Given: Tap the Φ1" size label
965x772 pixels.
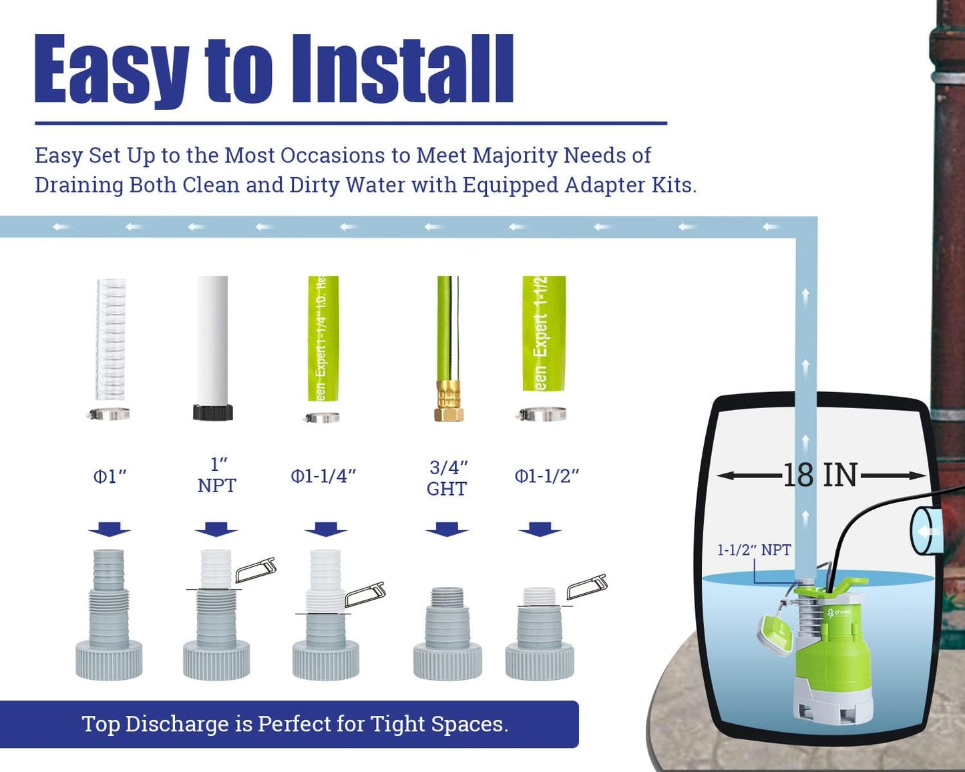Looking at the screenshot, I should (110, 477).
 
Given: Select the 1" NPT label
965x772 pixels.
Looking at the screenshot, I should (216, 475).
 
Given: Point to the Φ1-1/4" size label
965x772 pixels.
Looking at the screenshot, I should (323, 476).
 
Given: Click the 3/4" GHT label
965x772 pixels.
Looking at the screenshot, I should (447, 478).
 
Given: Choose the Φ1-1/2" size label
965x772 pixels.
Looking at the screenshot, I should (546, 476).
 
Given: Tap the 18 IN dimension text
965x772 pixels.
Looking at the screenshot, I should (820, 475).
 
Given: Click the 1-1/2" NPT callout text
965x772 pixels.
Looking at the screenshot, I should (754, 550).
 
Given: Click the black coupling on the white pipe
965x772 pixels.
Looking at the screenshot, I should (213, 412).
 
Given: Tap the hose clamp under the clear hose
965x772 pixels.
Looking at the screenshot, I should (109, 415).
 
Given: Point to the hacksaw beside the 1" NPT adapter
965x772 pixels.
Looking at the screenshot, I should (255, 570).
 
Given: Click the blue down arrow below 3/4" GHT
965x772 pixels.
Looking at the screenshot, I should (447, 530).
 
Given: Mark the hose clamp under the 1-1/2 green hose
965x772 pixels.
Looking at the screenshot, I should (542, 415).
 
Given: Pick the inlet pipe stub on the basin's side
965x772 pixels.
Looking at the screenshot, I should (926, 531).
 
